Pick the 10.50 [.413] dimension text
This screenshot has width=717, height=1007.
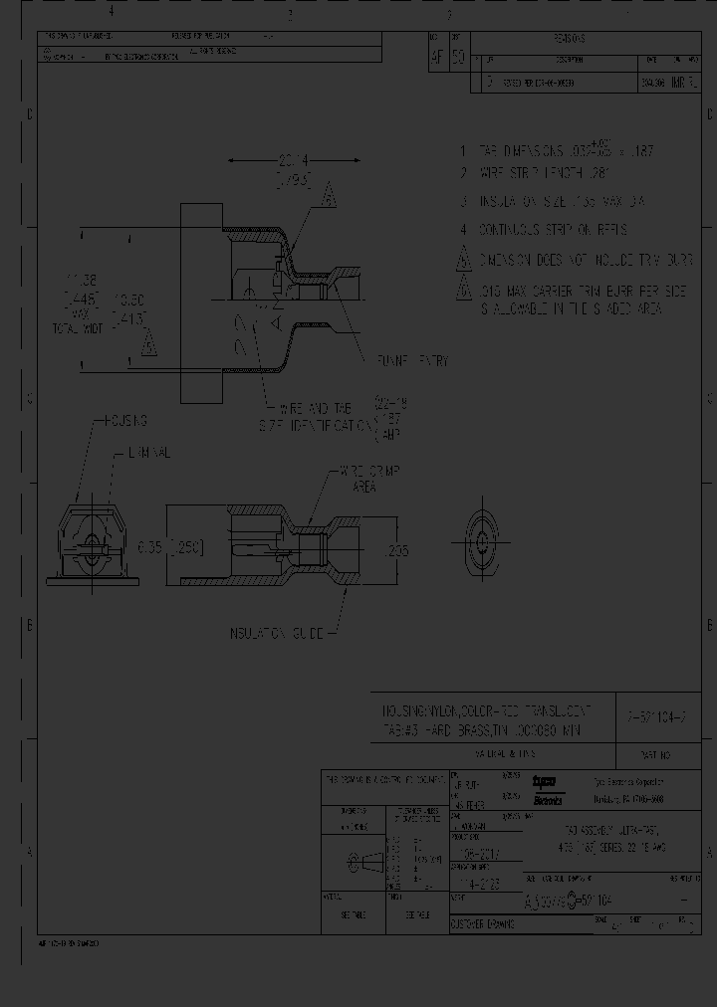(130, 308)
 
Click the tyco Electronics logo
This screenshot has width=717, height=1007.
(548, 789)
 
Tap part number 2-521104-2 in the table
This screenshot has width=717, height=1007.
(658, 711)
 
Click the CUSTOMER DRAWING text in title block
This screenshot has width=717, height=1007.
(483, 924)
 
